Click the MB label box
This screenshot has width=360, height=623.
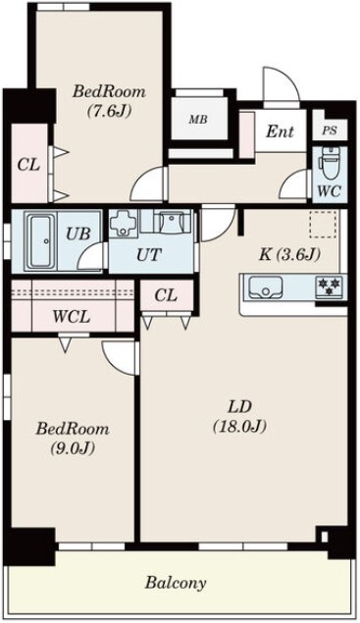[198, 120]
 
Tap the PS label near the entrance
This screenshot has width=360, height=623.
[328, 130]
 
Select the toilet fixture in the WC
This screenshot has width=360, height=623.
[329, 160]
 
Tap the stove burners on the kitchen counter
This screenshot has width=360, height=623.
[326, 286]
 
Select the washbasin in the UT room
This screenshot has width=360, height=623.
[173, 222]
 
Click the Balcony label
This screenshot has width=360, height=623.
[176, 583]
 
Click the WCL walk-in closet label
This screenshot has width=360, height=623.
[72, 317]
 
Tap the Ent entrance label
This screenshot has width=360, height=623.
[281, 130]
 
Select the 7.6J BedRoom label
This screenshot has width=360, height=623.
[109, 99]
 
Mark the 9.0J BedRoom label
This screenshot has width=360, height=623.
[73, 438]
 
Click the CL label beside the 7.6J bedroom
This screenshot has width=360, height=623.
[27, 163]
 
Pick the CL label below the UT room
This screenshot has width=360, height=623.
[165, 295]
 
